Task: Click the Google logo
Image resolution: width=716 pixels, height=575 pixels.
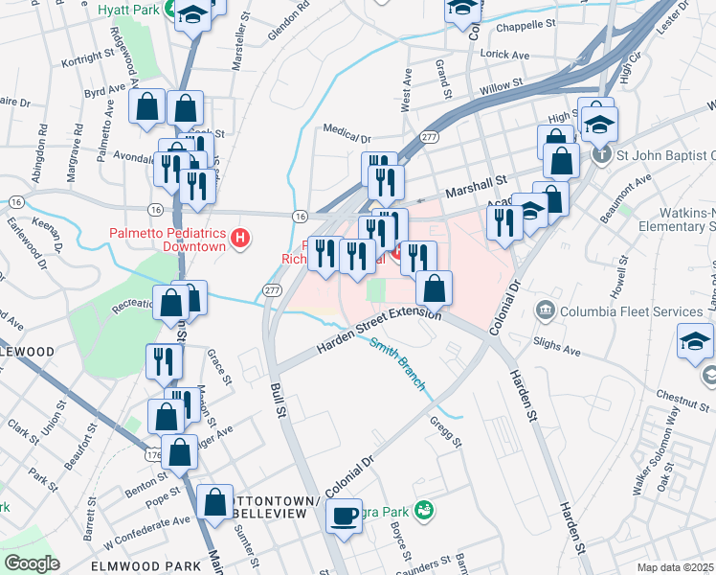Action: point(32,563)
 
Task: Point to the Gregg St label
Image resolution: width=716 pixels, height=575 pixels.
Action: point(447,432)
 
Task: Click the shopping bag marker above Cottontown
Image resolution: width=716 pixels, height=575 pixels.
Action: point(216,501)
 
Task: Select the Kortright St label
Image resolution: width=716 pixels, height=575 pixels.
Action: point(87,57)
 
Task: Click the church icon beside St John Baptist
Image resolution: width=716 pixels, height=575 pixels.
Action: point(601,153)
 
